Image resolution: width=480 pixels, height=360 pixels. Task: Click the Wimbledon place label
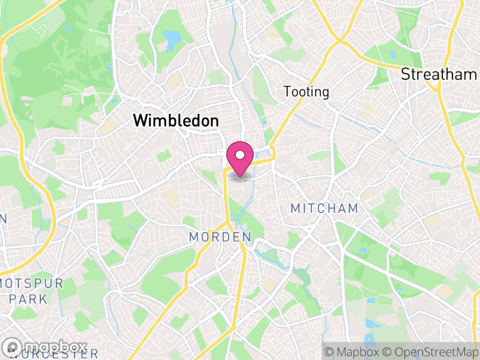(x=176, y=121)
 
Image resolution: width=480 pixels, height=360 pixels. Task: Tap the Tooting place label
(x=307, y=92)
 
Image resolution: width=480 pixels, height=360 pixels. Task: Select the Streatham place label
(x=439, y=74)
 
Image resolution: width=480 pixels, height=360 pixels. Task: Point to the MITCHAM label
(x=324, y=209)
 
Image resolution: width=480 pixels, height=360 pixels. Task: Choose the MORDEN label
(x=220, y=238)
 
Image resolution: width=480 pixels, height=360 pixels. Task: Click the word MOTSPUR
(x=31, y=283)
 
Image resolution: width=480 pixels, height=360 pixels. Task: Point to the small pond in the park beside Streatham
(x=393, y=55)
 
